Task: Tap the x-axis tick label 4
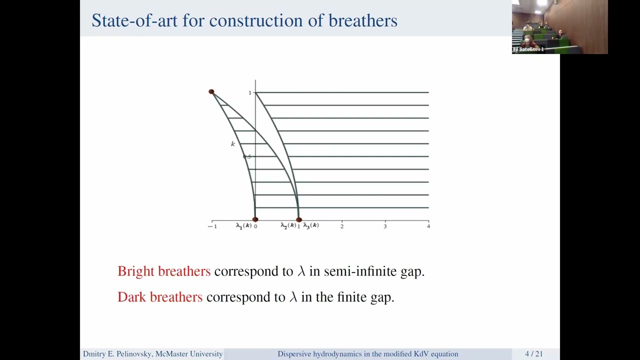(428, 226)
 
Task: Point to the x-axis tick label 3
(385, 226)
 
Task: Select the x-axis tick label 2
(342, 226)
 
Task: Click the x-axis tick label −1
(212, 226)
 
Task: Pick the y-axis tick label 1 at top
(250, 93)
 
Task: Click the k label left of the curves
(232, 144)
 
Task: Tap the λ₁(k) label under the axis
(243, 226)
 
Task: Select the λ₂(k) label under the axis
(288, 226)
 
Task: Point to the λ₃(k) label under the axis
(311, 226)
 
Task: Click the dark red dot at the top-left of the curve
(211, 91)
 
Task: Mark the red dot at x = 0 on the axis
(255, 219)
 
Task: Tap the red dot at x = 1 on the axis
(299, 219)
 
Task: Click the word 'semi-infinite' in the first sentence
(355, 271)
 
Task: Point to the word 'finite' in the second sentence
(351, 297)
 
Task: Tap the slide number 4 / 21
(533, 354)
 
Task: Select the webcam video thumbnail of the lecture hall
(559, 27)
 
